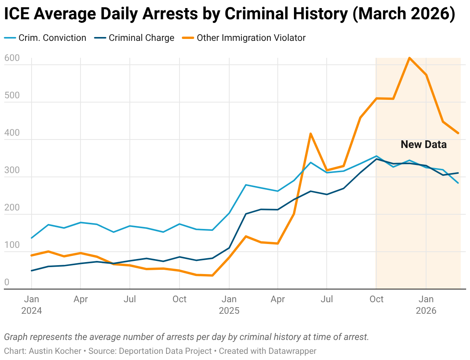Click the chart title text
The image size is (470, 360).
pos(230,13)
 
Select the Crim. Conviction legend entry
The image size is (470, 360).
pos(45,38)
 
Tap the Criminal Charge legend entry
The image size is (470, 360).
pos(134,38)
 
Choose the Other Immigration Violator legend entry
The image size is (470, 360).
pos(244,38)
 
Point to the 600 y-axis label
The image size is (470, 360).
pos(12,58)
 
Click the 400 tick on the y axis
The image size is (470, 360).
pos(12,133)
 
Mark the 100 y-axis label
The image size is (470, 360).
pos(12,245)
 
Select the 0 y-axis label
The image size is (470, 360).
pos(7,282)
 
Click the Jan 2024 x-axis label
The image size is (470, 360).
pos(32,305)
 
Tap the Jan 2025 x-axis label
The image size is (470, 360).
pos(229,305)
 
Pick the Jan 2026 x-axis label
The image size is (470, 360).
pos(426,305)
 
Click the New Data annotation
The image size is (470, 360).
pos(424,145)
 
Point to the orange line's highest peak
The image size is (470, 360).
pos(410,58)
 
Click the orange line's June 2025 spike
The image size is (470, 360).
pos(311,133)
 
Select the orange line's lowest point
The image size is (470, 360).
pos(212,276)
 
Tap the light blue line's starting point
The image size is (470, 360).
pos(32,238)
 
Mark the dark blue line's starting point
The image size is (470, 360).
pos(32,271)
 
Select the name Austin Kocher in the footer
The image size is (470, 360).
pos(55,351)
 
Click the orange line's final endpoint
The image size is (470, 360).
pos(458,133)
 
